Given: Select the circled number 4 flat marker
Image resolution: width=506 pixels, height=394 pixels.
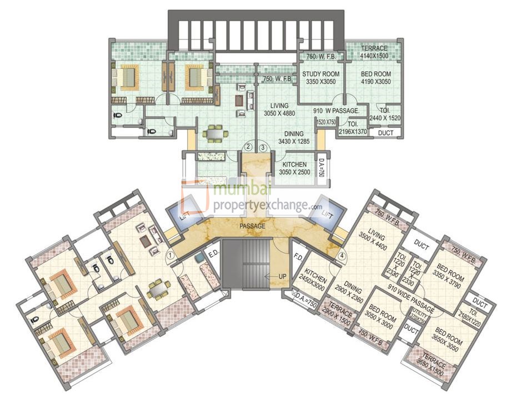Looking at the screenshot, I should tap(342, 256).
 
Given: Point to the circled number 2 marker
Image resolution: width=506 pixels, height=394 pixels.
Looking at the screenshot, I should tap(248, 147).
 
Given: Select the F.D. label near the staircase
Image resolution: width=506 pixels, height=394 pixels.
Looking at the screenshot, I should tap(297, 257).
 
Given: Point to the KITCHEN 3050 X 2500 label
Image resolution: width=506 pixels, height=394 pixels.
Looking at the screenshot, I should tap(294, 169).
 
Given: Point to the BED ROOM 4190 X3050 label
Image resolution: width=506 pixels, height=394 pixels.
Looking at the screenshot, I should tap(376, 78).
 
